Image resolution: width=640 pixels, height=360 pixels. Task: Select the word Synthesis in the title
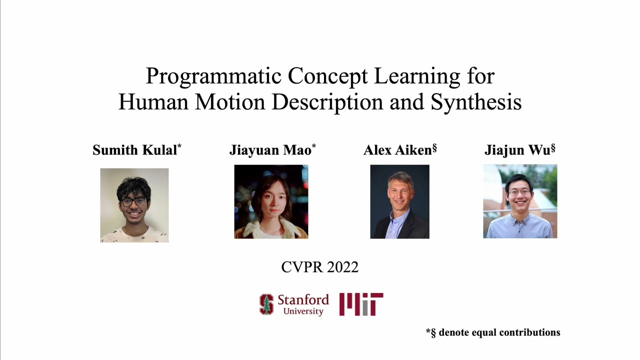pos(476,102)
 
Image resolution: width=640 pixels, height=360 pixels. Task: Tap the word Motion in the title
pos(230,102)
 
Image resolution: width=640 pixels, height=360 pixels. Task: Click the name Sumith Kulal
pos(134,150)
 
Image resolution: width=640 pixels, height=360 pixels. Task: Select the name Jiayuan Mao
pos(270,150)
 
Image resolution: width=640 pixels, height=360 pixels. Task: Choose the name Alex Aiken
pos(397,150)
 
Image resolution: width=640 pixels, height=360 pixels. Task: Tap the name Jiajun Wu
pos(517,150)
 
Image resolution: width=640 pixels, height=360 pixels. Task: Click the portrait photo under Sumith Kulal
pos(134,205)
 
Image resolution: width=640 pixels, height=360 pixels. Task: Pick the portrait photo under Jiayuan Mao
pos(271,201)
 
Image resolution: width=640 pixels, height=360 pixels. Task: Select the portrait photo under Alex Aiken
pos(399,201)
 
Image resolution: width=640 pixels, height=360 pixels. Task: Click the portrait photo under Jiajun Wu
pos(520,201)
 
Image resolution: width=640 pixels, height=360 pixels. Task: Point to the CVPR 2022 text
pos(320,267)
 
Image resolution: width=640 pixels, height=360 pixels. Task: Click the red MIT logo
pos(361,304)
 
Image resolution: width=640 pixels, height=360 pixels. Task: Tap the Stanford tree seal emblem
pos(266,304)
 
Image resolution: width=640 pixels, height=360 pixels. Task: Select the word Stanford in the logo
pos(303,300)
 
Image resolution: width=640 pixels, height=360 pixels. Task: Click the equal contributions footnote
pos(493,332)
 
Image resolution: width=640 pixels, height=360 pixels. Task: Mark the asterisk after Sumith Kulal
pos(179,146)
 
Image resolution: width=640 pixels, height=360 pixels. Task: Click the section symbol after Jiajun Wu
pos(553,148)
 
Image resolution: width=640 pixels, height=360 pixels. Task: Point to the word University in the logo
pos(303,311)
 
